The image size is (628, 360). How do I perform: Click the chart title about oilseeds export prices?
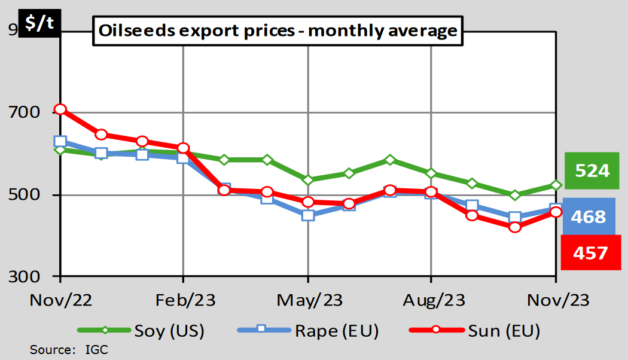coord(278,31)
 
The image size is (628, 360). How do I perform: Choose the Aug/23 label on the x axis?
coord(432,300)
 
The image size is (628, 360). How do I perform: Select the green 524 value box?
coord(592,171)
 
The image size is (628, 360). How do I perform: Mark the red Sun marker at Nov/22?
coord(60,109)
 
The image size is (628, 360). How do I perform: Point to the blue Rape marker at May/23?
coord(307,215)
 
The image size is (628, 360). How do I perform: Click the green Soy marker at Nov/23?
coord(556,185)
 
